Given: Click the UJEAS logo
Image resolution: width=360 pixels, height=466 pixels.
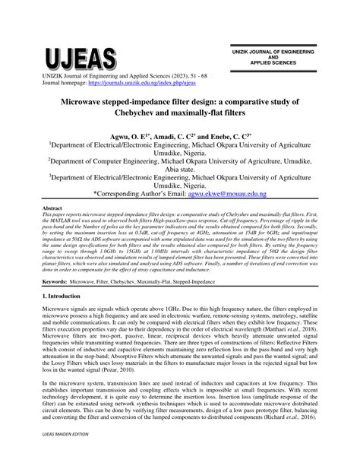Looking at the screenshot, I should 82,56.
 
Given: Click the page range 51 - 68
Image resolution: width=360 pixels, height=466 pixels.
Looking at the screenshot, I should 218,77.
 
